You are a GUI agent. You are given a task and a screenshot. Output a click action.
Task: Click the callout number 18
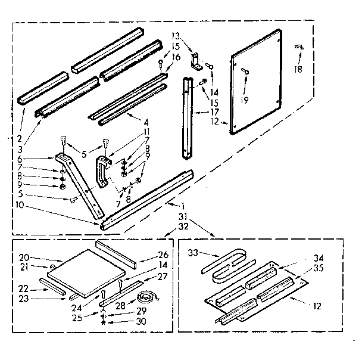click(x=298, y=69)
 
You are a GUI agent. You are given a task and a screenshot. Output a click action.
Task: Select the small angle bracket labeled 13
click(x=194, y=60)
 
